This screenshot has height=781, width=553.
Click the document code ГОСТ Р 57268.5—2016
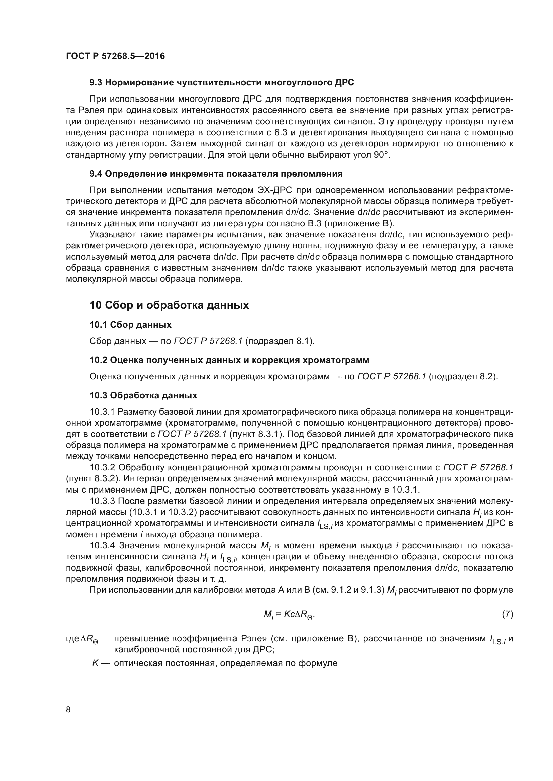coord(115,56)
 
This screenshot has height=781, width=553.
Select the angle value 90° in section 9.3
coord(381,155)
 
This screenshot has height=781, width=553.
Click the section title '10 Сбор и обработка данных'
coord(169,305)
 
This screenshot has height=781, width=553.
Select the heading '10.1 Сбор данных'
coord(130,325)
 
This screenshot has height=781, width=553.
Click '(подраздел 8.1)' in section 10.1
coord(280,341)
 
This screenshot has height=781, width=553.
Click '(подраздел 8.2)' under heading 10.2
coord(463,377)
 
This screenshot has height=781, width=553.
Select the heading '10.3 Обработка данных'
coord(143,395)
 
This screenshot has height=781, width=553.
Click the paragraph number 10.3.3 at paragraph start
coord(103,501)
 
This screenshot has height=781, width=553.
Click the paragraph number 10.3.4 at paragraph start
coord(103,546)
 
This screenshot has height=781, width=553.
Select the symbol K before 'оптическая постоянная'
coord(96,663)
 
